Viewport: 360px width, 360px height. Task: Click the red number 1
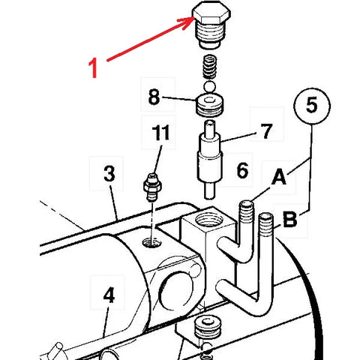click(x=93, y=67)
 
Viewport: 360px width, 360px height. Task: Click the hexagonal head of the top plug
click(x=211, y=13)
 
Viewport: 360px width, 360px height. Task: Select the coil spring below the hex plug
click(x=209, y=67)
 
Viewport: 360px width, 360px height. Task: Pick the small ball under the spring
click(x=209, y=86)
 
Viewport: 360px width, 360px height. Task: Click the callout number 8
click(x=154, y=97)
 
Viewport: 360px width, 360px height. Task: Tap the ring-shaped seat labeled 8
click(x=209, y=105)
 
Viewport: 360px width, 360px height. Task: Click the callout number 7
click(x=267, y=131)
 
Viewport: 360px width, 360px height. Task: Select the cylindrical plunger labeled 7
click(x=209, y=160)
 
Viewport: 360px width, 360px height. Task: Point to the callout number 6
click(x=242, y=170)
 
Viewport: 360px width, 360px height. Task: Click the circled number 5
click(x=312, y=106)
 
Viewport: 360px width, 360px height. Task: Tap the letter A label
click(x=279, y=177)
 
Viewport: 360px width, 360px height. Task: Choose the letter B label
click(x=290, y=219)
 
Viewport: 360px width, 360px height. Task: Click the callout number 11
click(x=161, y=132)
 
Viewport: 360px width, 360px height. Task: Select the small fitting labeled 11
click(x=152, y=187)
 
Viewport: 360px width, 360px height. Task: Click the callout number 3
click(x=109, y=173)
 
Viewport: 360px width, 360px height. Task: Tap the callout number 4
click(x=109, y=295)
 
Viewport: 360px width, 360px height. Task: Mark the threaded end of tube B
click(x=266, y=224)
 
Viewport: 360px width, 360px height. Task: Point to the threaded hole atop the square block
click(x=208, y=220)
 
